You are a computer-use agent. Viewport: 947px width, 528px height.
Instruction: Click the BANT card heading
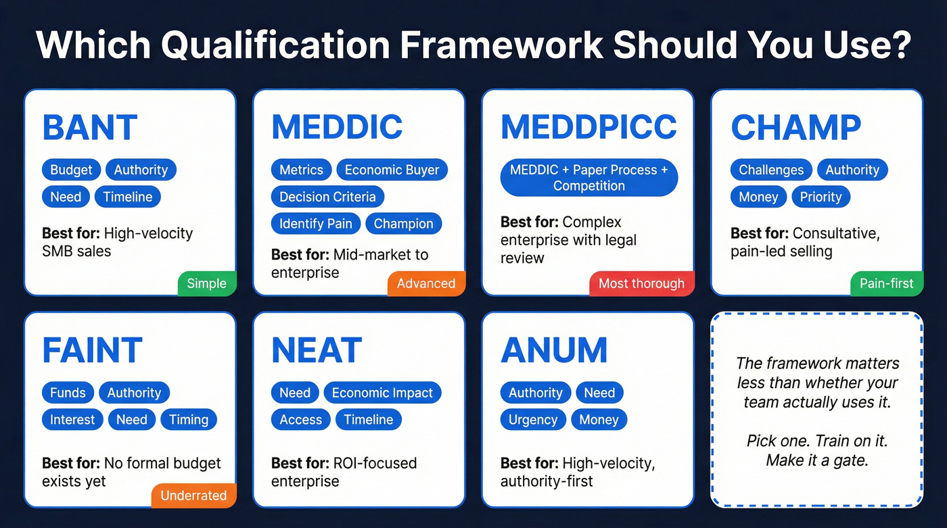point(90,128)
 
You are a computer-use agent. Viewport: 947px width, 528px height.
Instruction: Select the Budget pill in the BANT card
point(71,170)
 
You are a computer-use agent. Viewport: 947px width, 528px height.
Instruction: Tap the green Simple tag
point(206,283)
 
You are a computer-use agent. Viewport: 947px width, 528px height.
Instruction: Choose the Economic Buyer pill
point(392,170)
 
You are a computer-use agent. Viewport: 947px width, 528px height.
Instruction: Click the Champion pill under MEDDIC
point(403,224)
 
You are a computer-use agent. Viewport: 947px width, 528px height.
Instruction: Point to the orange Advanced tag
point(426,283)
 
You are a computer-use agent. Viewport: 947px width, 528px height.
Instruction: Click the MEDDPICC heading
point(588,128)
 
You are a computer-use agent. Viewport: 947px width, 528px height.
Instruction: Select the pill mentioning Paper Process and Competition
point(588,178)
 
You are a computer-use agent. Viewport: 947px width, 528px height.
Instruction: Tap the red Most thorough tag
point(641,283)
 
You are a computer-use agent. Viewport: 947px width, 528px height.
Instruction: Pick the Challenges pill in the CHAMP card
point(771,170)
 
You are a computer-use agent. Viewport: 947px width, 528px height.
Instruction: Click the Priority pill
point(821,197)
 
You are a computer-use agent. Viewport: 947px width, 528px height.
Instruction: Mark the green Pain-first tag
point(886,283)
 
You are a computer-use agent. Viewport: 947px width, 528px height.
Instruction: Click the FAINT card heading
point(92,351)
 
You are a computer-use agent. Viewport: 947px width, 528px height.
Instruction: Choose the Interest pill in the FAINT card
point(72,420)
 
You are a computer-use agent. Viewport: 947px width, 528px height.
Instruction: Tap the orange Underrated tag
point(193,496)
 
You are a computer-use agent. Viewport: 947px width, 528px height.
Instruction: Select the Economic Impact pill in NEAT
point(382,393)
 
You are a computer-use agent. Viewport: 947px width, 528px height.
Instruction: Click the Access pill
point(300,420)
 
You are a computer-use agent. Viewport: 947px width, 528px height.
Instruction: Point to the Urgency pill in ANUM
point(533,420)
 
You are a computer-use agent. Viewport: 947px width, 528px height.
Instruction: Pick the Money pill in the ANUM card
point(599,420)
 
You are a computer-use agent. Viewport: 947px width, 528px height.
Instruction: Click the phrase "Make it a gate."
point(816,460)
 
